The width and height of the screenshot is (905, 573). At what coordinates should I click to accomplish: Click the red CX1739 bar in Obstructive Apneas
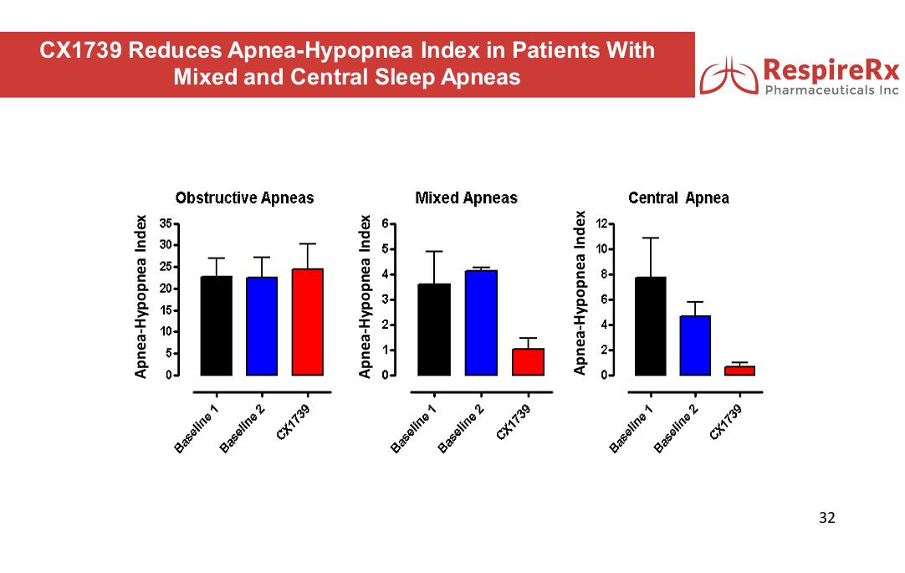pyautogui.click(x=307, y=322)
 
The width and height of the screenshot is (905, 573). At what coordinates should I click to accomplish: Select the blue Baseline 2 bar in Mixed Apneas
pyautogui.click(x=481, y=323)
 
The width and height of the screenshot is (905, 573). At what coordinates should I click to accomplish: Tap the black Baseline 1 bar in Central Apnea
pyautogui.click(x=651, y=326)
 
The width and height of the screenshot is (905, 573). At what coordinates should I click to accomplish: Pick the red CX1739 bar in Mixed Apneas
pyautogui.click(x=528, y=361)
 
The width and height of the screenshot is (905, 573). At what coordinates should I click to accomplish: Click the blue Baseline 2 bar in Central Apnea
pyautogui.click(x=695, y=345)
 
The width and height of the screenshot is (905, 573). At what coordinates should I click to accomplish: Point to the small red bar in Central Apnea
pyautogui.click(x=739, y=370)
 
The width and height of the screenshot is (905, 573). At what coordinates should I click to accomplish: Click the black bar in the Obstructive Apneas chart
pyautogui.click(x=216, y=325)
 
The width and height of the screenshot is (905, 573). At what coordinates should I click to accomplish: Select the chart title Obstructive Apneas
pyautogui.click(x=244, y=198)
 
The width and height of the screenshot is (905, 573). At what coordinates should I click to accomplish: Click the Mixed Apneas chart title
pyautogui.click(x=466, y=198)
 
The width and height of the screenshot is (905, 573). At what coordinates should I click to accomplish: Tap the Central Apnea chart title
pyautogui.click(x=678, y=198)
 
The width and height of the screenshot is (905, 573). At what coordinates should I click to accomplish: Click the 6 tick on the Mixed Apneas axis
pyautogui.click(x=385, y=224)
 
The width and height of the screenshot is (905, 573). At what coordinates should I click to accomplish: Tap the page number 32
pyautogui.click(x=826, y=517)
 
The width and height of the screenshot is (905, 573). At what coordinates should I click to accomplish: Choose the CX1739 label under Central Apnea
pyautogui.click(x=725, y=421)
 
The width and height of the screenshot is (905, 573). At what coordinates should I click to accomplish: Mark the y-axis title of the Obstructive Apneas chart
pyautogui.click(x=142, y=296)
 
